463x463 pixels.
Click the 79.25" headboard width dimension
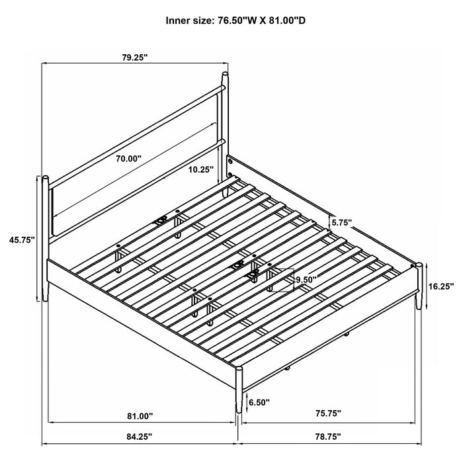[135, 58]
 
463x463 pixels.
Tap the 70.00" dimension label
[126, 159]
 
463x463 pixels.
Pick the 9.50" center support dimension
[306, 280]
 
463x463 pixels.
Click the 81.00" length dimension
[140, 416]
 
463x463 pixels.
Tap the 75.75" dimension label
[327, 413]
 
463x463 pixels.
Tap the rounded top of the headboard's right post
[226, 75]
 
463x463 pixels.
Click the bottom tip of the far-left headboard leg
[46, 302]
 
